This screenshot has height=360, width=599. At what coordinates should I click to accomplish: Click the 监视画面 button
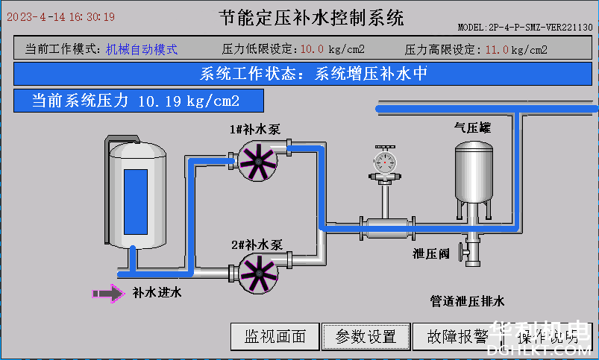click(275, 337)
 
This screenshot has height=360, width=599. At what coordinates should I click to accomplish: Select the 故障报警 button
click(457, 337)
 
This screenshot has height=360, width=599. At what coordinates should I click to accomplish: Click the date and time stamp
click(61, 16)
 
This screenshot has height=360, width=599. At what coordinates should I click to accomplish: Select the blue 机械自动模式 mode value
click(142, 49)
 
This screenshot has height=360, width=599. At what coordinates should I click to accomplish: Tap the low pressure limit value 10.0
click(312, 50)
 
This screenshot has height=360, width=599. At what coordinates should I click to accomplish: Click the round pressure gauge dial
click(385, 162)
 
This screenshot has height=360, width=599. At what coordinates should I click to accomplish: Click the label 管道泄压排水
click(468, 302)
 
